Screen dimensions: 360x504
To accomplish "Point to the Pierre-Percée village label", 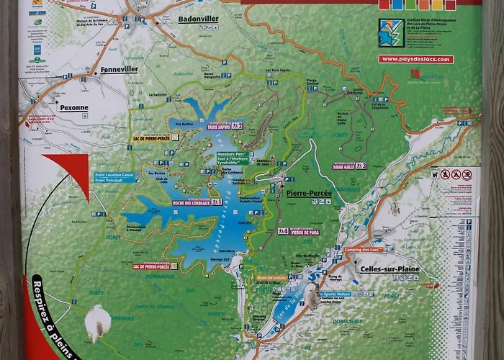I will click(308, 193).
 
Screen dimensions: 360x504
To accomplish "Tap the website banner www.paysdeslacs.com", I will click(417, 59).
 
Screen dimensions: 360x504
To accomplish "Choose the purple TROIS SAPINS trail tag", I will click(225, 126).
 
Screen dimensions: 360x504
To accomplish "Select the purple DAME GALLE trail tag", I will click(351, 166).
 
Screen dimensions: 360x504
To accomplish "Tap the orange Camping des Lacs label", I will click(362, 249).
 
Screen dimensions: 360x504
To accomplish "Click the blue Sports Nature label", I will click(337, 294).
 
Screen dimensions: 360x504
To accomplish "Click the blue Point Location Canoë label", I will click(114, 174).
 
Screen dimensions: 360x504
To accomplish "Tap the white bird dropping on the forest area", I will click(97, 323).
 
